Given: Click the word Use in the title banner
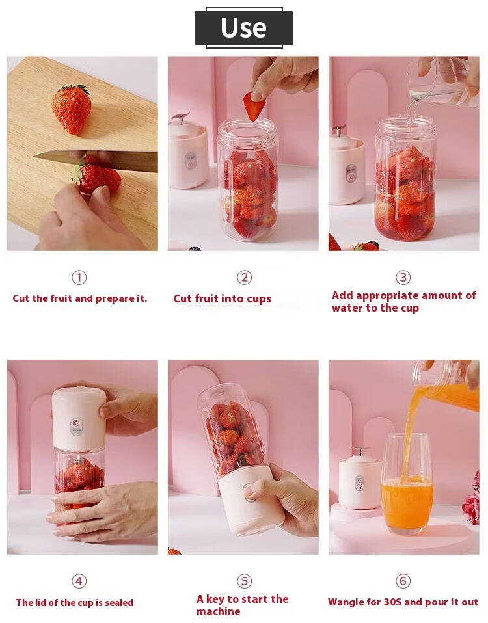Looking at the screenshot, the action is point(243,27).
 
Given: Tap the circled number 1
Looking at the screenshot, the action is point(79,277).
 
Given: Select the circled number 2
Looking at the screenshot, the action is point(245,277).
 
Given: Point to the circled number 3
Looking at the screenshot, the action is point(403,277).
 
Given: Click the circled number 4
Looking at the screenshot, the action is point(79,581).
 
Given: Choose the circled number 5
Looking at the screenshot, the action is point(245,581).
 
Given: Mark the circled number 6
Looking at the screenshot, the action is point(403,581).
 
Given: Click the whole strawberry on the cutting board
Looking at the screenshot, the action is point(71,109).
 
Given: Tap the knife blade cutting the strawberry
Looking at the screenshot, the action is point(96,160).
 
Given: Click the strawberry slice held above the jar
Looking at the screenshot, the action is point(254,106).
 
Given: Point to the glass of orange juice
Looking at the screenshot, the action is point(407,484).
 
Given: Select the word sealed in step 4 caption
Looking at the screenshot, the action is point(119,603).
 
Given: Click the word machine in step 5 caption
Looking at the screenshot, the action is point(218,611).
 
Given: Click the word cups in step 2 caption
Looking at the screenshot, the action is point(259,299).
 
